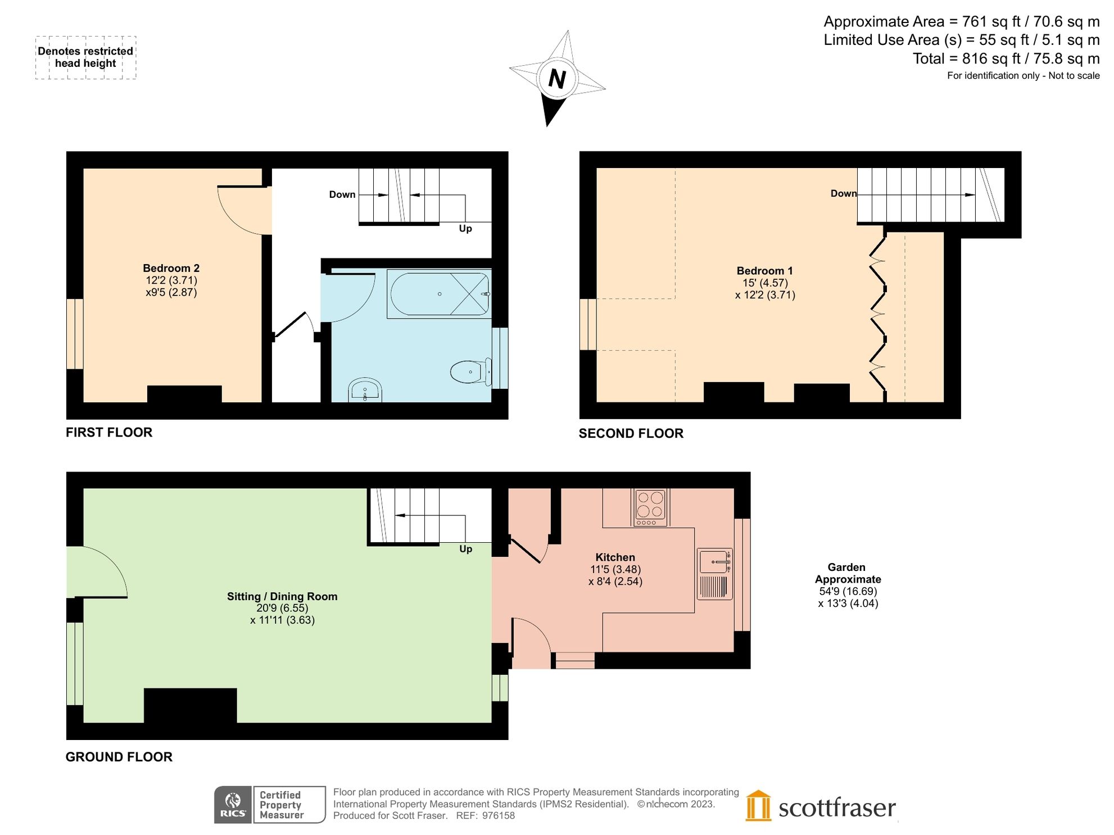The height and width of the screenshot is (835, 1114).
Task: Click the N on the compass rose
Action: (556, 79)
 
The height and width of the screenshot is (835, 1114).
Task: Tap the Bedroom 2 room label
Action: (171, 269)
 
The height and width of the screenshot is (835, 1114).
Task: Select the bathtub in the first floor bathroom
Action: (439, 294)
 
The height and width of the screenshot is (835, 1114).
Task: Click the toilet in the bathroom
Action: (470, 371)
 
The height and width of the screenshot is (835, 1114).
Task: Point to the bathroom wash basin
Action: (365, 390)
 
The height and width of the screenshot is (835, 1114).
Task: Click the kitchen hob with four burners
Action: (650, 506)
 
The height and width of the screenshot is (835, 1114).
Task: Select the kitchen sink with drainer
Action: (714, 573)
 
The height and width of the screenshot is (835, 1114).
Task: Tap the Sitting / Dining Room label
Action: (282, 596)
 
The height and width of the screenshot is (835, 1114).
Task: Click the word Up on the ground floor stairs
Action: (465, 549)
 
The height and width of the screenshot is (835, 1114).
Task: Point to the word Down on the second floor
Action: (843, 193)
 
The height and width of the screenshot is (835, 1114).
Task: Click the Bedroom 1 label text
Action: (764, 271)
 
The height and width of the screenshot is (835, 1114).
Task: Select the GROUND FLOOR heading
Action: (119, 757)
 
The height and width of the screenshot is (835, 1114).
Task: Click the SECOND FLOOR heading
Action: (631, 433)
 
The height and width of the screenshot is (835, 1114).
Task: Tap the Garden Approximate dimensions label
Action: (848, 585)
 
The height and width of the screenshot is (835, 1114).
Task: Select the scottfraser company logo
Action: (821, 807)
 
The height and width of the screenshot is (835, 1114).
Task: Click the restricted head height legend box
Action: (85, 57)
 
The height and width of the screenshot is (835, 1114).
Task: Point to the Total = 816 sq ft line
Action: (1006, 58)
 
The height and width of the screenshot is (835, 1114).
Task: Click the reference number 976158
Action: (498, 815)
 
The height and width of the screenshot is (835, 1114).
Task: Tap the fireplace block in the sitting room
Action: (190, 705)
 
